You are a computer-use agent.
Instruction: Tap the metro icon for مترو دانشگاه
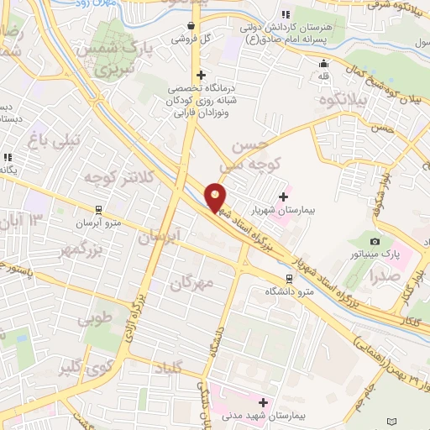pos(289,278)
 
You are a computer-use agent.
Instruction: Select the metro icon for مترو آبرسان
pos(99,210)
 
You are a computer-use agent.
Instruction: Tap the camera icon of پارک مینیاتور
pos(375,242)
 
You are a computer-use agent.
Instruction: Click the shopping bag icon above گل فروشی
pos(194,26)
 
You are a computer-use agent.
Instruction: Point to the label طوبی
pos(94,320)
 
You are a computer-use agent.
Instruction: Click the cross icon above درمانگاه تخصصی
pos(201,74)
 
